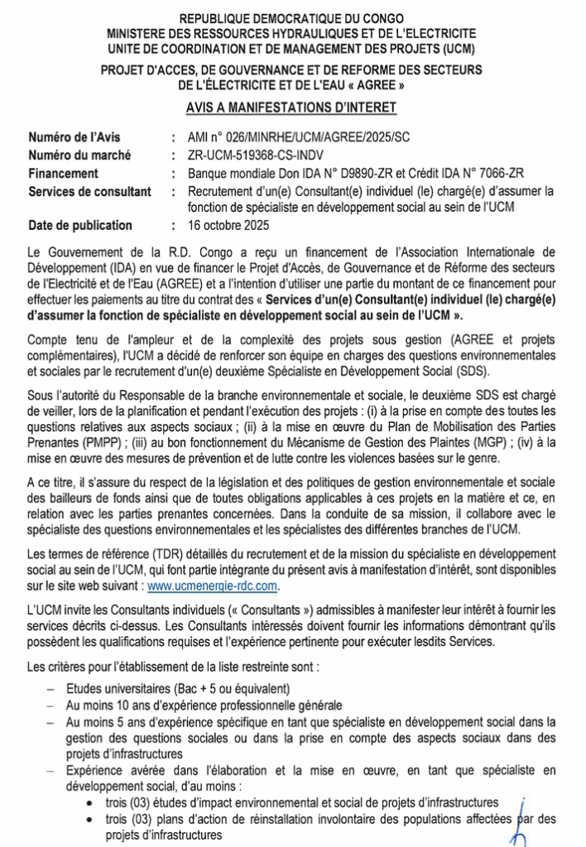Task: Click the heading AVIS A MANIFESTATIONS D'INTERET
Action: point(291,107)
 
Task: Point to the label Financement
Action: point(63,174)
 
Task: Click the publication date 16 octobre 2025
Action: point(228,225)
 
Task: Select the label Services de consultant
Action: point(89,192)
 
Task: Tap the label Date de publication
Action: point(79,225)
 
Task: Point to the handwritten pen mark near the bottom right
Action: point(520,819)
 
